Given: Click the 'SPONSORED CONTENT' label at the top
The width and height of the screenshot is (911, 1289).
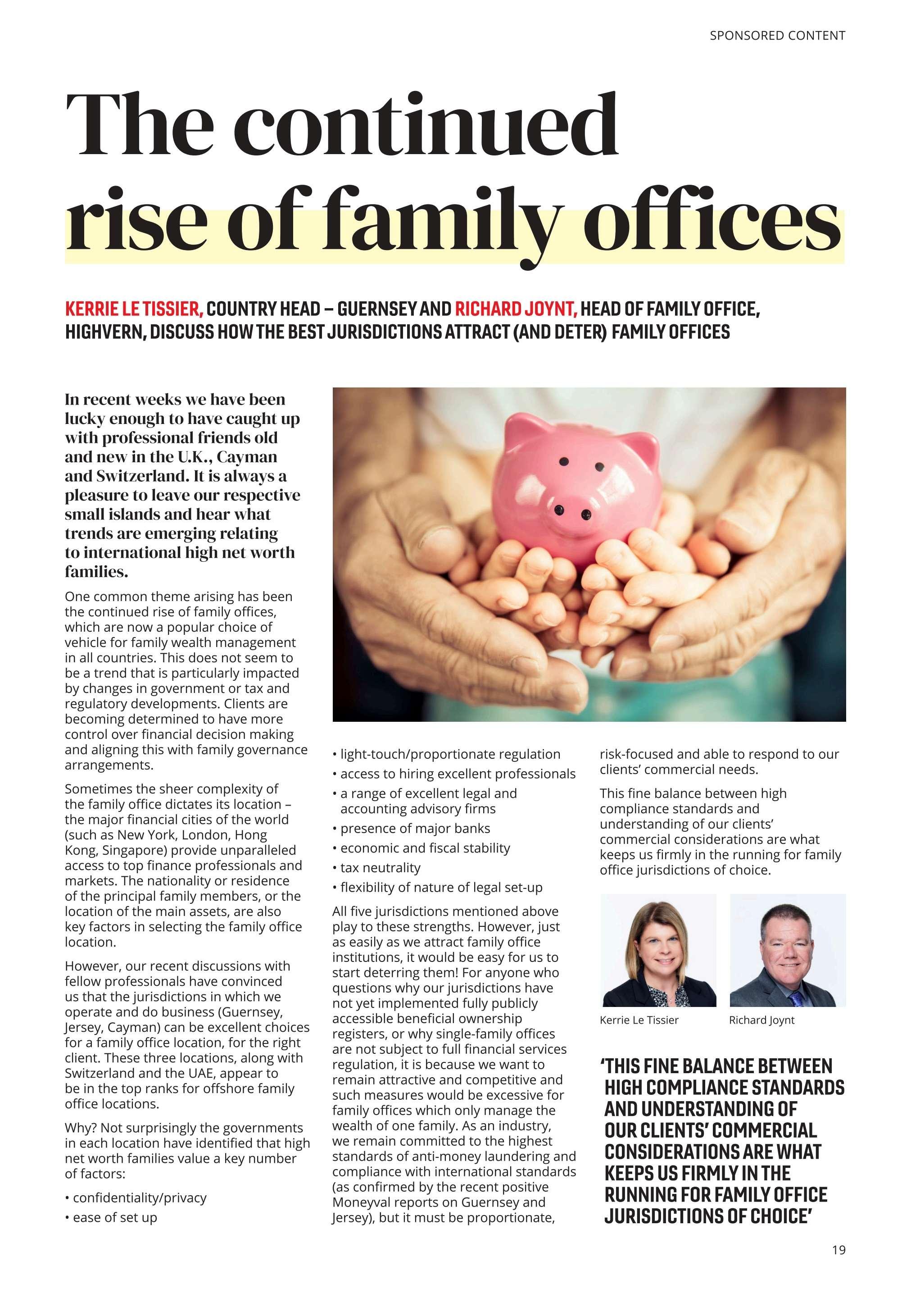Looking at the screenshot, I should click(777, 36).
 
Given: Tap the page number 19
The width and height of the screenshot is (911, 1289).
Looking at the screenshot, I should click(838, 1250).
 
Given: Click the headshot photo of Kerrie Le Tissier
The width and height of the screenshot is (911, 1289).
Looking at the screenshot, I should click(658, 950).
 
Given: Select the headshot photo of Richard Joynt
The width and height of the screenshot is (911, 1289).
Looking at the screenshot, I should click(787, 950).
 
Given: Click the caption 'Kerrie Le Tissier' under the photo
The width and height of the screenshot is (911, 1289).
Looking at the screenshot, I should click(639, 1020).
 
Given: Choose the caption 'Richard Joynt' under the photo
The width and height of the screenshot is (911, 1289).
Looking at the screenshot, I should click(761, 1020).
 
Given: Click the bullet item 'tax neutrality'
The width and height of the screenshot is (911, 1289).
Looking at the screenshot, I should click(380, 868).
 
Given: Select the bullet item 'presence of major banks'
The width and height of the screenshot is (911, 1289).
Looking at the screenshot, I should click(415, 829).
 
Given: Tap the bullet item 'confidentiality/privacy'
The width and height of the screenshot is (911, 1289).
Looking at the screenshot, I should click(139, 1198).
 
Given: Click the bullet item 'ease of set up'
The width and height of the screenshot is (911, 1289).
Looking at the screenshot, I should click(114, 1217).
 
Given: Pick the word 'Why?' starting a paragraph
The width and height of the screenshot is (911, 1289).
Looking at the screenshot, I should click(81, 1128).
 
